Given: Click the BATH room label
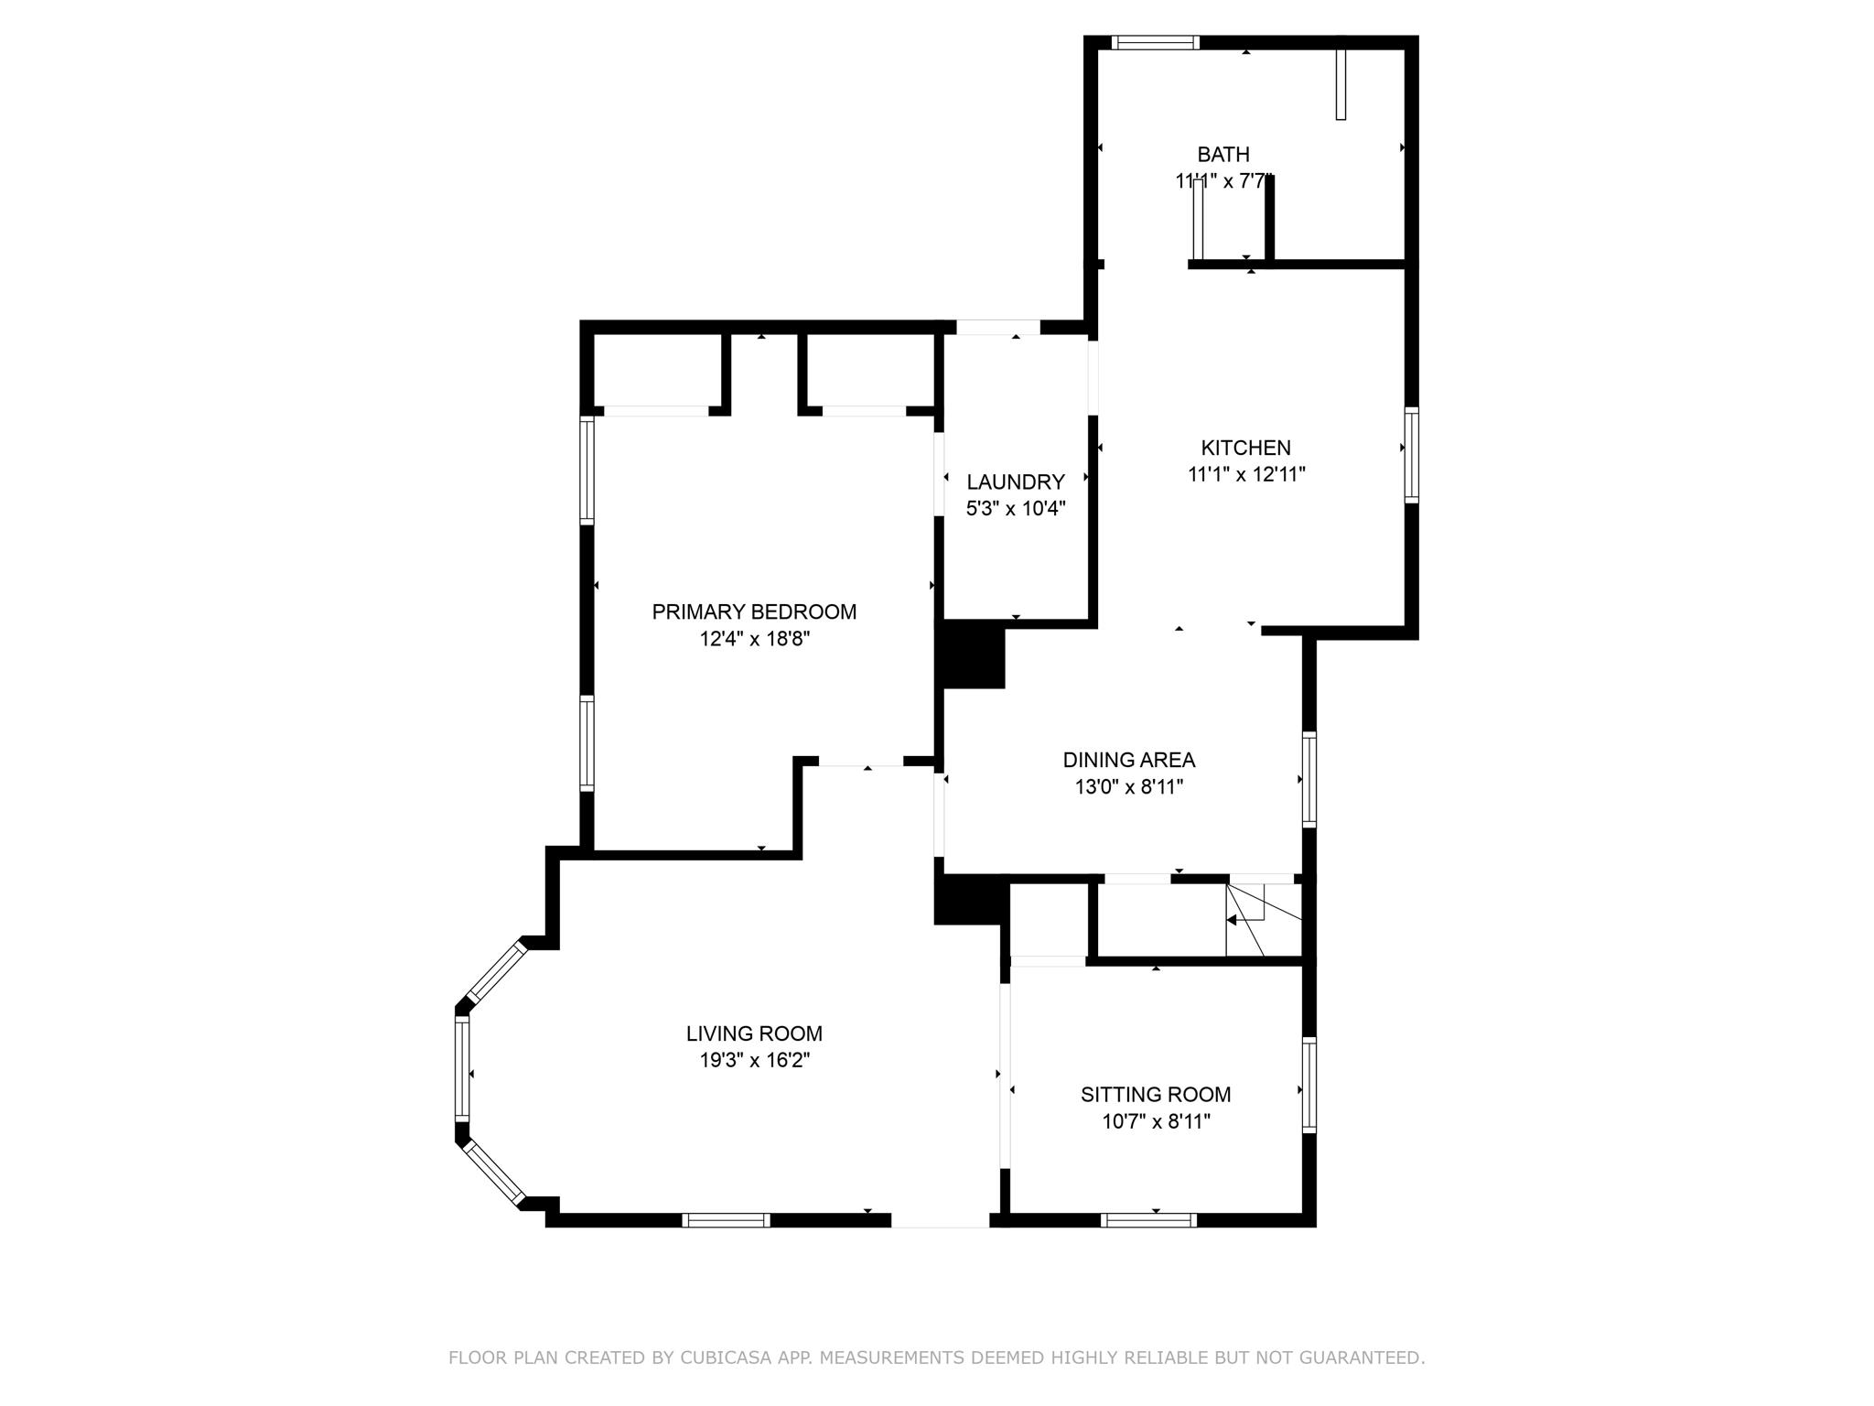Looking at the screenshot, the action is [1223, 155].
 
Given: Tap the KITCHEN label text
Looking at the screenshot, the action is [1245, 448].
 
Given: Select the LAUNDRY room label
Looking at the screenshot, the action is [1016, 481].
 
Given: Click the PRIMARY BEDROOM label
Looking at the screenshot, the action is [754, 611].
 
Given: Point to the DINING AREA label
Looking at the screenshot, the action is [1129, 760].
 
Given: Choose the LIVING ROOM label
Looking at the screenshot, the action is [754, 1033].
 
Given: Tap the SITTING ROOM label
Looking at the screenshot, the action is [1156, 1094].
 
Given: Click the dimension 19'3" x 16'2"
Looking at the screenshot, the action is [754, 1060].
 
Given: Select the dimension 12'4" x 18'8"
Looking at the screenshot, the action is [755, 638].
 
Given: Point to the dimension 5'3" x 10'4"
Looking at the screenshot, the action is [1016, 508].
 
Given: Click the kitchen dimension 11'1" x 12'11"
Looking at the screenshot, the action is [1246, 474].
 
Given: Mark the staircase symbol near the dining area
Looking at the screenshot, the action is [1264, 919].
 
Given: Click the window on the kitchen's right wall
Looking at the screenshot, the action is [1412, 455].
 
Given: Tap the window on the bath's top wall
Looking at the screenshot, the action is [1156, 42].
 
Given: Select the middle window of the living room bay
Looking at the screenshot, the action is [462, 1068].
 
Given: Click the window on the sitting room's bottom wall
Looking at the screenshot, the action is [1148, 1219].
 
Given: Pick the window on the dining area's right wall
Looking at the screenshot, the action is [1309, 780].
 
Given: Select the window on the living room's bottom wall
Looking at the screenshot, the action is [726, 1219].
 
